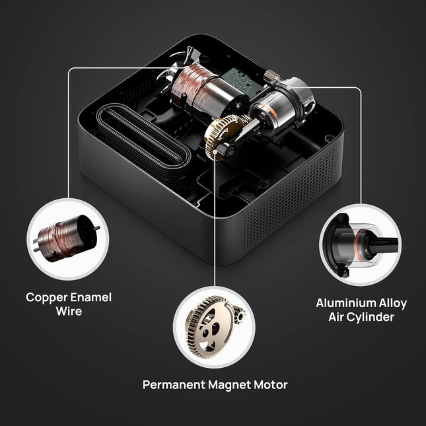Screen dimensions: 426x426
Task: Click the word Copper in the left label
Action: click(x=46, y=297)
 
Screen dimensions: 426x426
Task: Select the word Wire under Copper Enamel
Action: click(x=68, y=310)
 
